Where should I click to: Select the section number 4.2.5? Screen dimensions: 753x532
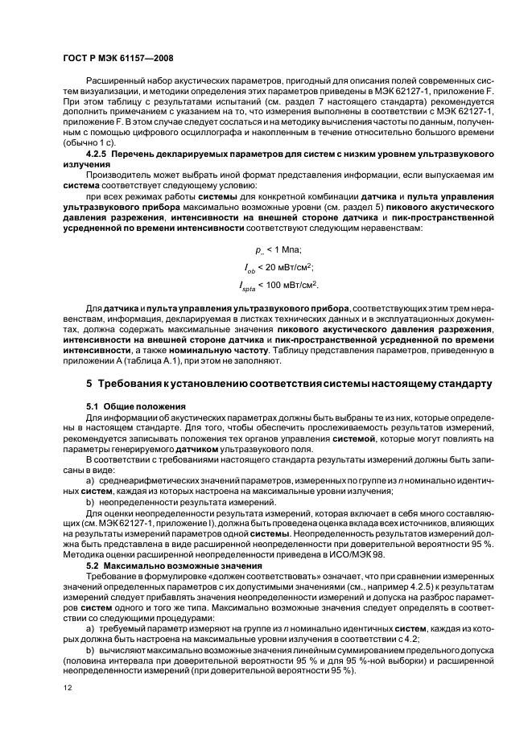point(100,152)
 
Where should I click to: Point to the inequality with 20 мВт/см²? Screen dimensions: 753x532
point(278,268)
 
